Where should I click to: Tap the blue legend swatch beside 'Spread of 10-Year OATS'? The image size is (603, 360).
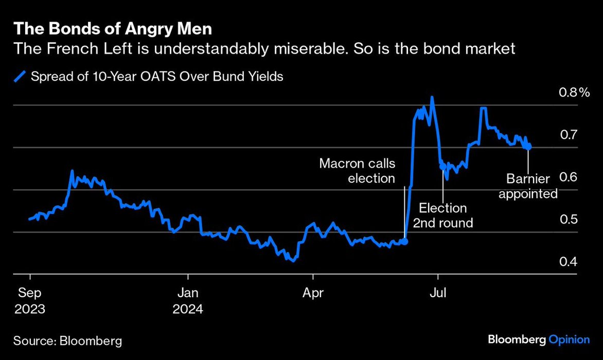click(x=20, y=77)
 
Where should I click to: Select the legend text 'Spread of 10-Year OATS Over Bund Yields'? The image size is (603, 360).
click(x=157, y=77)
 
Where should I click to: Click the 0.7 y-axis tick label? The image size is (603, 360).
click(x=569, y=135)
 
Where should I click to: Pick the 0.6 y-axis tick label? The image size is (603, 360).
click(x=569, y=177)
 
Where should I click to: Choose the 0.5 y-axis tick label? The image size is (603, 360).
click(x=569, y=220)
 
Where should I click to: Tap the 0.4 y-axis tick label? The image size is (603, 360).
click(x=569, y=262)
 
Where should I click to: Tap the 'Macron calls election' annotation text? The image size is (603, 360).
click(x=357, y=171)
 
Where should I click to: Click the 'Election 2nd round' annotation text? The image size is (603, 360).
click(x=443, y=215)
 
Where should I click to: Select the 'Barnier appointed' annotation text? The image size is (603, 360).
click(x=528, y=186)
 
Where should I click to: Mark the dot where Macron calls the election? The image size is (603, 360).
click(x=404, y=241)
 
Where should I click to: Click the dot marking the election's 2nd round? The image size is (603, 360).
click(x=442, y=166)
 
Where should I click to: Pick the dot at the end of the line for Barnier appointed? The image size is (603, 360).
click(x=528, y=147)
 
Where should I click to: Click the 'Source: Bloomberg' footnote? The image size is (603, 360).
click(x=68, y=340)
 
